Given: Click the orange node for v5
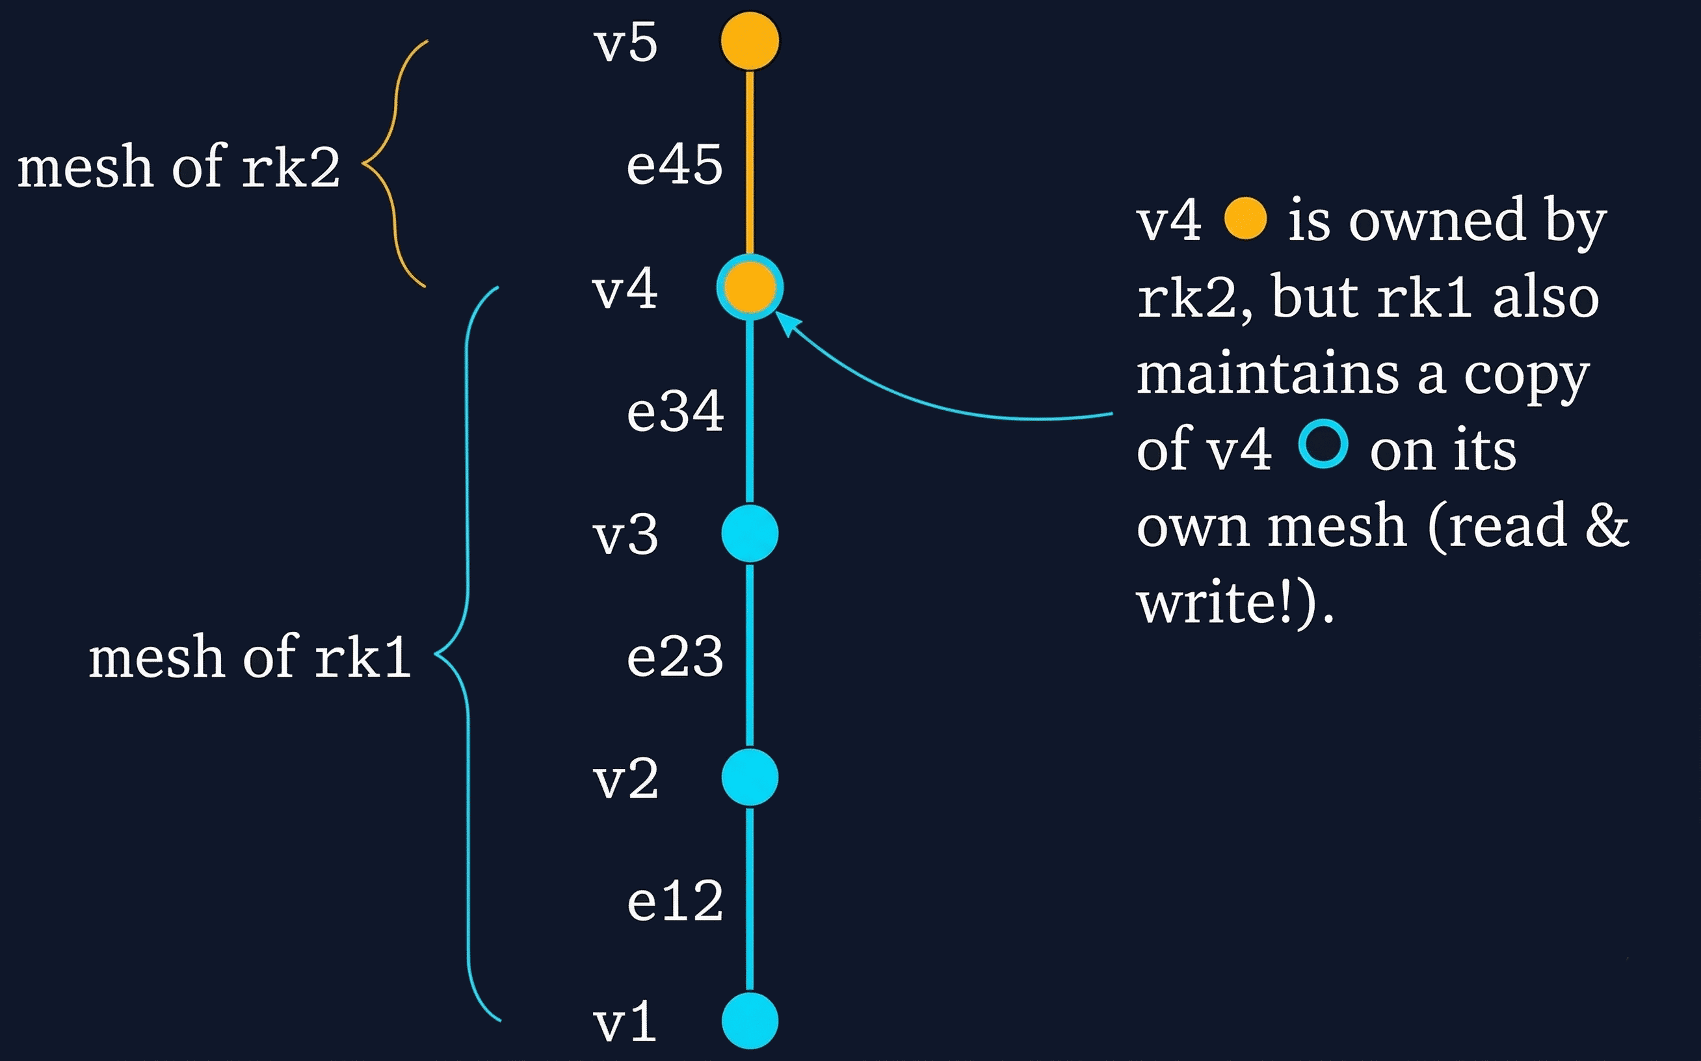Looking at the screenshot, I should click(750, 41).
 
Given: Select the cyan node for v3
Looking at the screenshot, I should click(750, 533).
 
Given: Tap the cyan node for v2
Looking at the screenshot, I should click(750, 777).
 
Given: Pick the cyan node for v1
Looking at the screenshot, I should click(750, 1021).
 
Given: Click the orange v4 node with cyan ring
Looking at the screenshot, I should click(750, 287).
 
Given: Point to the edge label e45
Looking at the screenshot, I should click(674, 165).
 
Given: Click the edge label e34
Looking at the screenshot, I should click(675, 412).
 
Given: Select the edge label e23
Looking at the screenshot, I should click(674, 657).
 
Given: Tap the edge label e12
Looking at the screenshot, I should click(674, 901).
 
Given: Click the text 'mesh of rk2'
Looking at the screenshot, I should click(178, 167).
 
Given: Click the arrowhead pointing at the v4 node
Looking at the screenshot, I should click(786, 323).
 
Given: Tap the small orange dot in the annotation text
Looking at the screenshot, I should click(1245, 219).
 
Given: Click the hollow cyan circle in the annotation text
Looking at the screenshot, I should click(1323, 444).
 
